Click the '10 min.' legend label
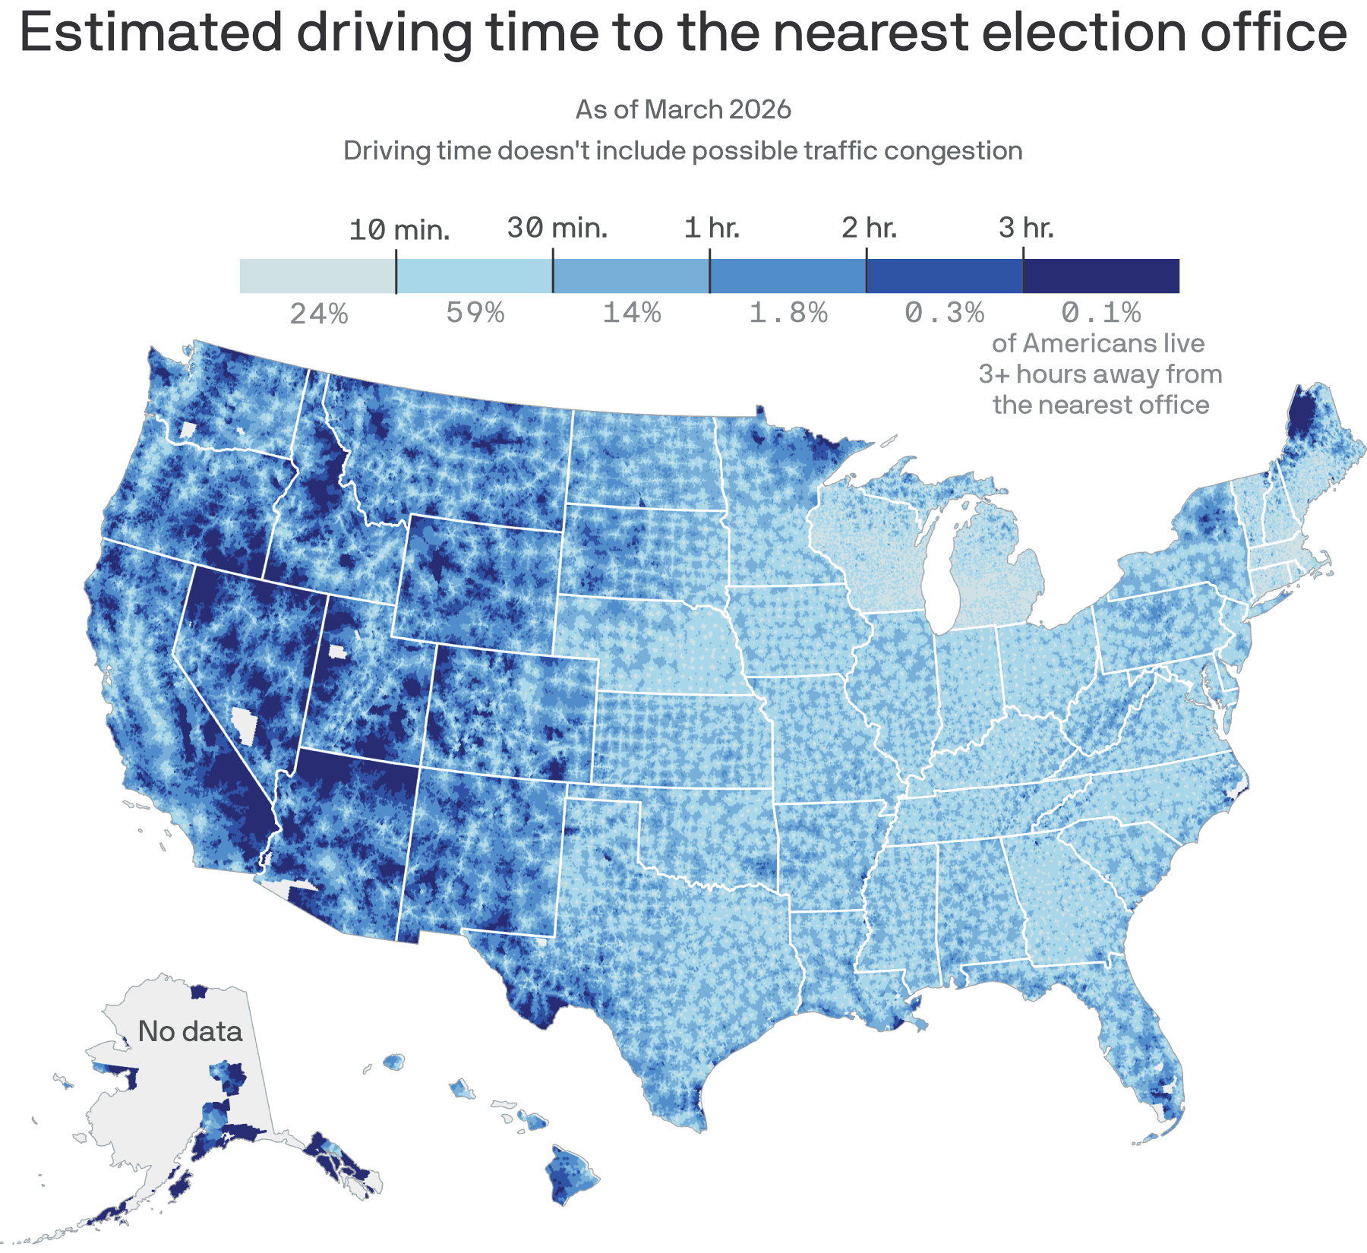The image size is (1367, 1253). coord(399,229)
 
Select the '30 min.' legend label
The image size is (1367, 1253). coord(557,228)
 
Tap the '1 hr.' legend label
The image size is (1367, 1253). coord(712,228)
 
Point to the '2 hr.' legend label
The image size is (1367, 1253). coord(869,228)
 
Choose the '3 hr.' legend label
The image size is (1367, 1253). coord(1026,228)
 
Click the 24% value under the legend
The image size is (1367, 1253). coord(319,313)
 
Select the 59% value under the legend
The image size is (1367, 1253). coord(475,313)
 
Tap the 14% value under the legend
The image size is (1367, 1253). coord(632,313)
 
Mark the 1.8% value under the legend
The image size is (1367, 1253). coord(788,313)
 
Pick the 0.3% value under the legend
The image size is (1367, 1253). coord(945,313)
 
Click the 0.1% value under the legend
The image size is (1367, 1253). coord(1101,313)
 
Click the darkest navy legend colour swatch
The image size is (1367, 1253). coord(1101,276)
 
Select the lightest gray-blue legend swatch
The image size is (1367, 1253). coord(317,276)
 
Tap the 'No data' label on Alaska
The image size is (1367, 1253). coord(190,1031)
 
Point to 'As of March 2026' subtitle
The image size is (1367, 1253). coord(683,109)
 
